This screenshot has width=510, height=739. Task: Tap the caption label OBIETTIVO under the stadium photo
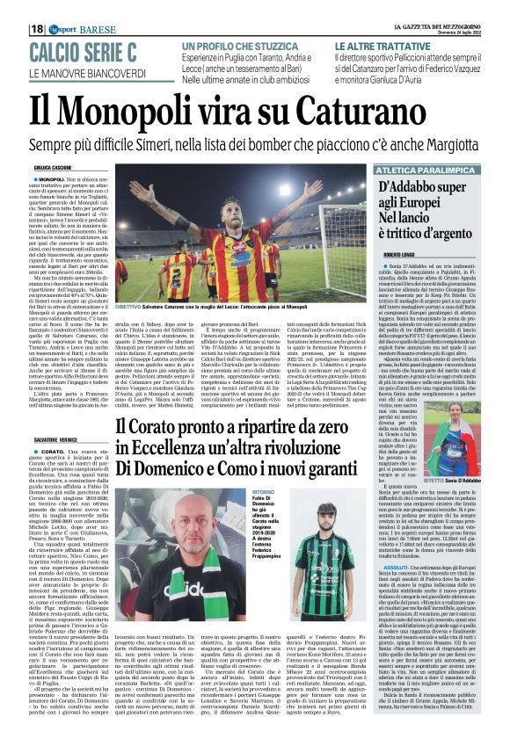coord(130,307)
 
